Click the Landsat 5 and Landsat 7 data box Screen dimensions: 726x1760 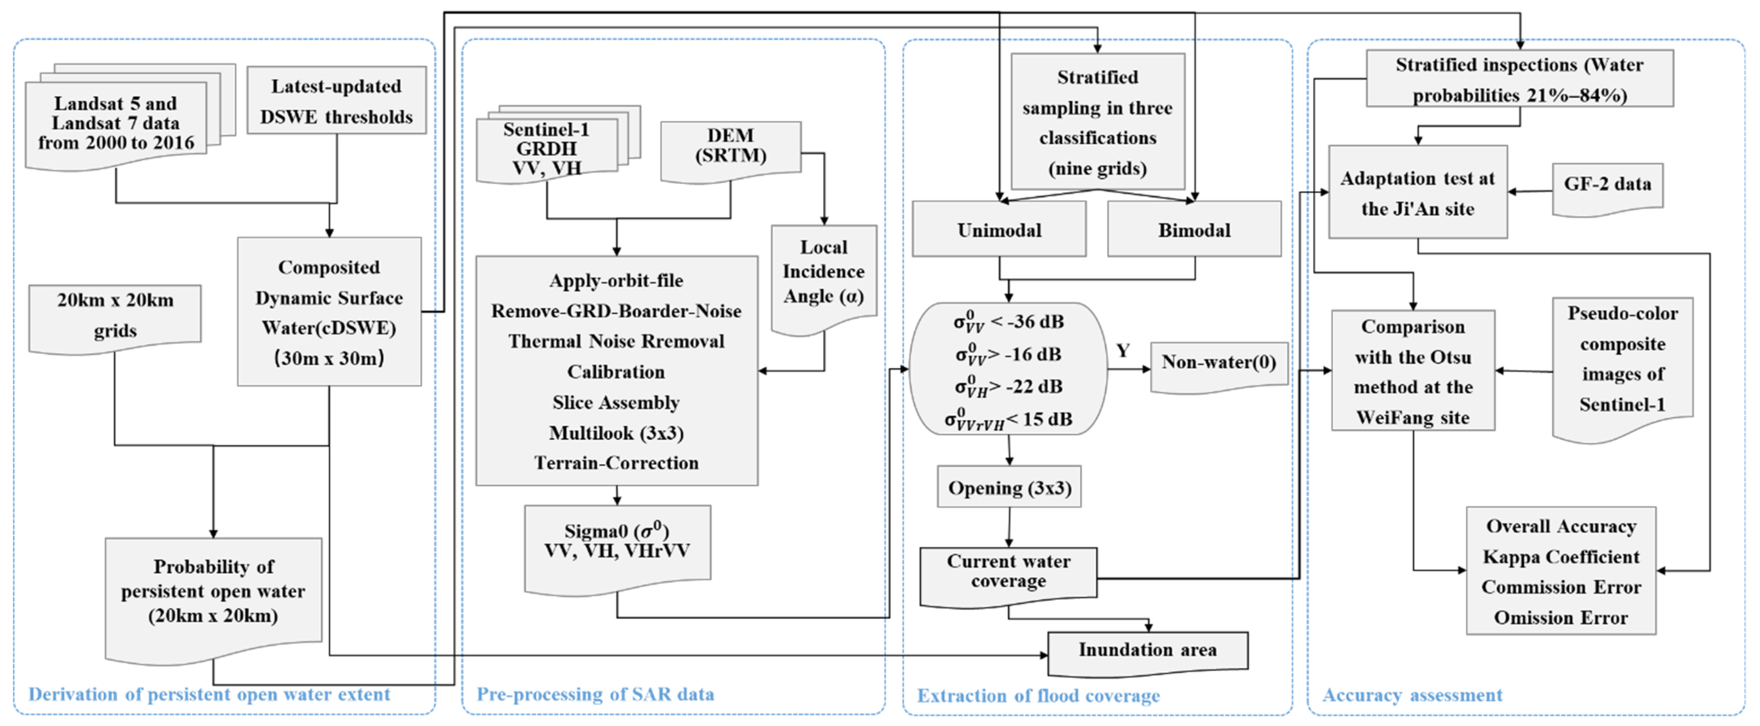pyautogui.click(x=116, y=123)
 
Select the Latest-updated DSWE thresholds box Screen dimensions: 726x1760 pyautogui.click(x=336, y=101)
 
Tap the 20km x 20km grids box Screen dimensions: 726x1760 pyautogui.click(x=115, y=316)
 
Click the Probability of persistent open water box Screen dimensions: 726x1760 pyautogui.click(x=213, y=592)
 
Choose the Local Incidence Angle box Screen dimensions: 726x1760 pyautogui.click(x=823, y=274)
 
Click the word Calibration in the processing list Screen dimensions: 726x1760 pyautogui.click(x=615, y=372)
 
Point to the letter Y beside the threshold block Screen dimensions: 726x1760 pyautogui.click(x=1122, y=351)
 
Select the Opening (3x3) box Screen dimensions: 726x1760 pyautogui.click(x=1009, y=487)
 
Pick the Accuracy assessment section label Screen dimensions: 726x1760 pyautogui.click(x=1412, y=695)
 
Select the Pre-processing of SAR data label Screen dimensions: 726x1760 pyautogui.click(x=595, y=695)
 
